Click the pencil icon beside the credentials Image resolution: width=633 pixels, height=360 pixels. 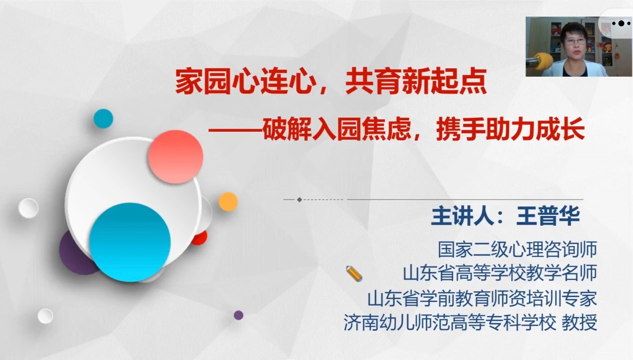(354, 273)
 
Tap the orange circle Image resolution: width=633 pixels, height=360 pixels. (228, 202)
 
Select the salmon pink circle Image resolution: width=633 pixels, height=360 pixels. (175, 156)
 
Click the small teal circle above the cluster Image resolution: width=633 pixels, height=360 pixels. (103, 119)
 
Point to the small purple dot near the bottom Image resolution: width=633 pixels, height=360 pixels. (239, 315)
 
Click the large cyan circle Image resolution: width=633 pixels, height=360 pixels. (130, 242)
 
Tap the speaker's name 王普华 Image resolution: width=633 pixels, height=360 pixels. (548, 216)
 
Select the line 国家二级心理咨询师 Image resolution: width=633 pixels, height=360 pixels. (517, 249)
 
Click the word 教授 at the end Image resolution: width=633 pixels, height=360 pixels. (580, 322)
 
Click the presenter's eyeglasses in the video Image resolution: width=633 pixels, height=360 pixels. (575, 41)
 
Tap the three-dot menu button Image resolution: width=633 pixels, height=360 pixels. (621, 23)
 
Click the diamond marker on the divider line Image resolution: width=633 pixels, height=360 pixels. (300, 200)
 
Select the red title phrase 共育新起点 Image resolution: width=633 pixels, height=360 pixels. (416, 81)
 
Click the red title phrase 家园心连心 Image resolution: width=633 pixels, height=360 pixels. (246, 81)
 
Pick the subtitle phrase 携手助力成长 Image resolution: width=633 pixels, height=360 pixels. (510, 129)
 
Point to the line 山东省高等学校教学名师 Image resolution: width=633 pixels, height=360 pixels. (500, 273)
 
